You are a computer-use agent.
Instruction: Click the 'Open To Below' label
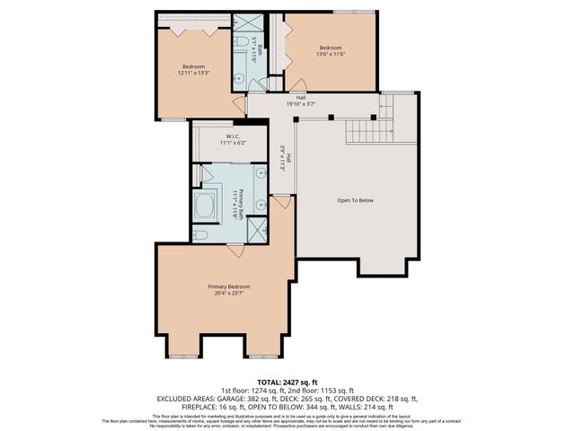point(354,199)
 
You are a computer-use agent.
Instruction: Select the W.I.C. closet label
point(231,136)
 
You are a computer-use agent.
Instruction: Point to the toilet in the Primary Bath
point(201,235)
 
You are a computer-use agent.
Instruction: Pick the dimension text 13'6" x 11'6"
point(331,55)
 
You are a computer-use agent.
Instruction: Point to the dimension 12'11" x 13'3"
point(194,74)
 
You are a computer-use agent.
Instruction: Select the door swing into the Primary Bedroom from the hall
point(282,205)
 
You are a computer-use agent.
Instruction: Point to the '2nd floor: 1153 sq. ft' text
point(320,390)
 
